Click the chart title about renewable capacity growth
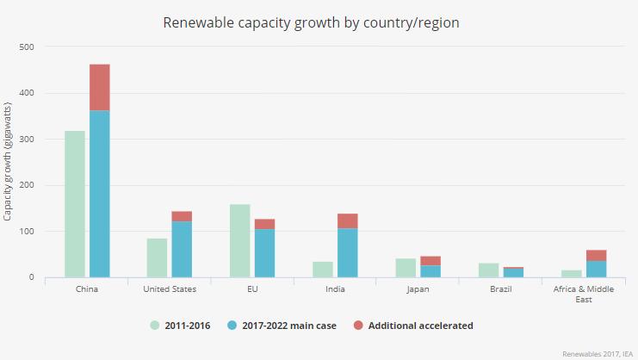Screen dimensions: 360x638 point(311,23)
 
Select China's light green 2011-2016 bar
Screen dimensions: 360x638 point(75,204)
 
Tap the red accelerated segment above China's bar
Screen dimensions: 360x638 point(100,87)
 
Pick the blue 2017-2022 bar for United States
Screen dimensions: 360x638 point(182,250)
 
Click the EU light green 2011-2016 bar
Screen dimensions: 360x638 point(240,241)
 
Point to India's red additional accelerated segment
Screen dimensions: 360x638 point(347,220)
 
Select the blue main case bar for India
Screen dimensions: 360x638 point(347,253)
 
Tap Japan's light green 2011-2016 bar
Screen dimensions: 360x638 point(406,268)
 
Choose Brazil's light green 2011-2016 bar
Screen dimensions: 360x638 point(489,270)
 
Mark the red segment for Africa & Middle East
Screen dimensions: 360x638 point(597,256)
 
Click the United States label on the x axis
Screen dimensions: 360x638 point(170,289)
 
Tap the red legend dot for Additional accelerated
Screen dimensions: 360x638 point(356,326)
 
